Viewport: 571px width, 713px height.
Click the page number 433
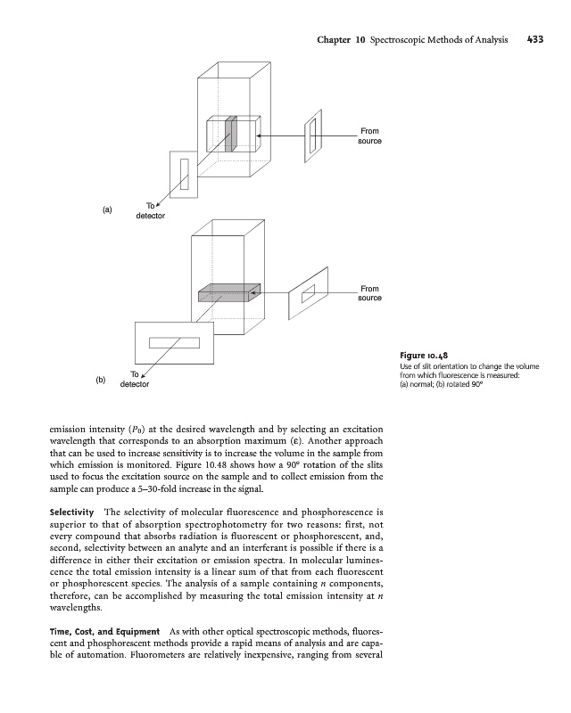click(x=535, y=40)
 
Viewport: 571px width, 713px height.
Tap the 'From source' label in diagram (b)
click(x=370, y=293)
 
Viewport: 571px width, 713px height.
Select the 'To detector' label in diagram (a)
click(x=150, y=211)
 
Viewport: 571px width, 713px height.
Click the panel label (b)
click(x=101, y=380)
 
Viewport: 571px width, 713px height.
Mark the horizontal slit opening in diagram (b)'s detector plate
click(x=174, y=342)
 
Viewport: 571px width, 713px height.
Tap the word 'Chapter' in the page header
click(x=337, y=40)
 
